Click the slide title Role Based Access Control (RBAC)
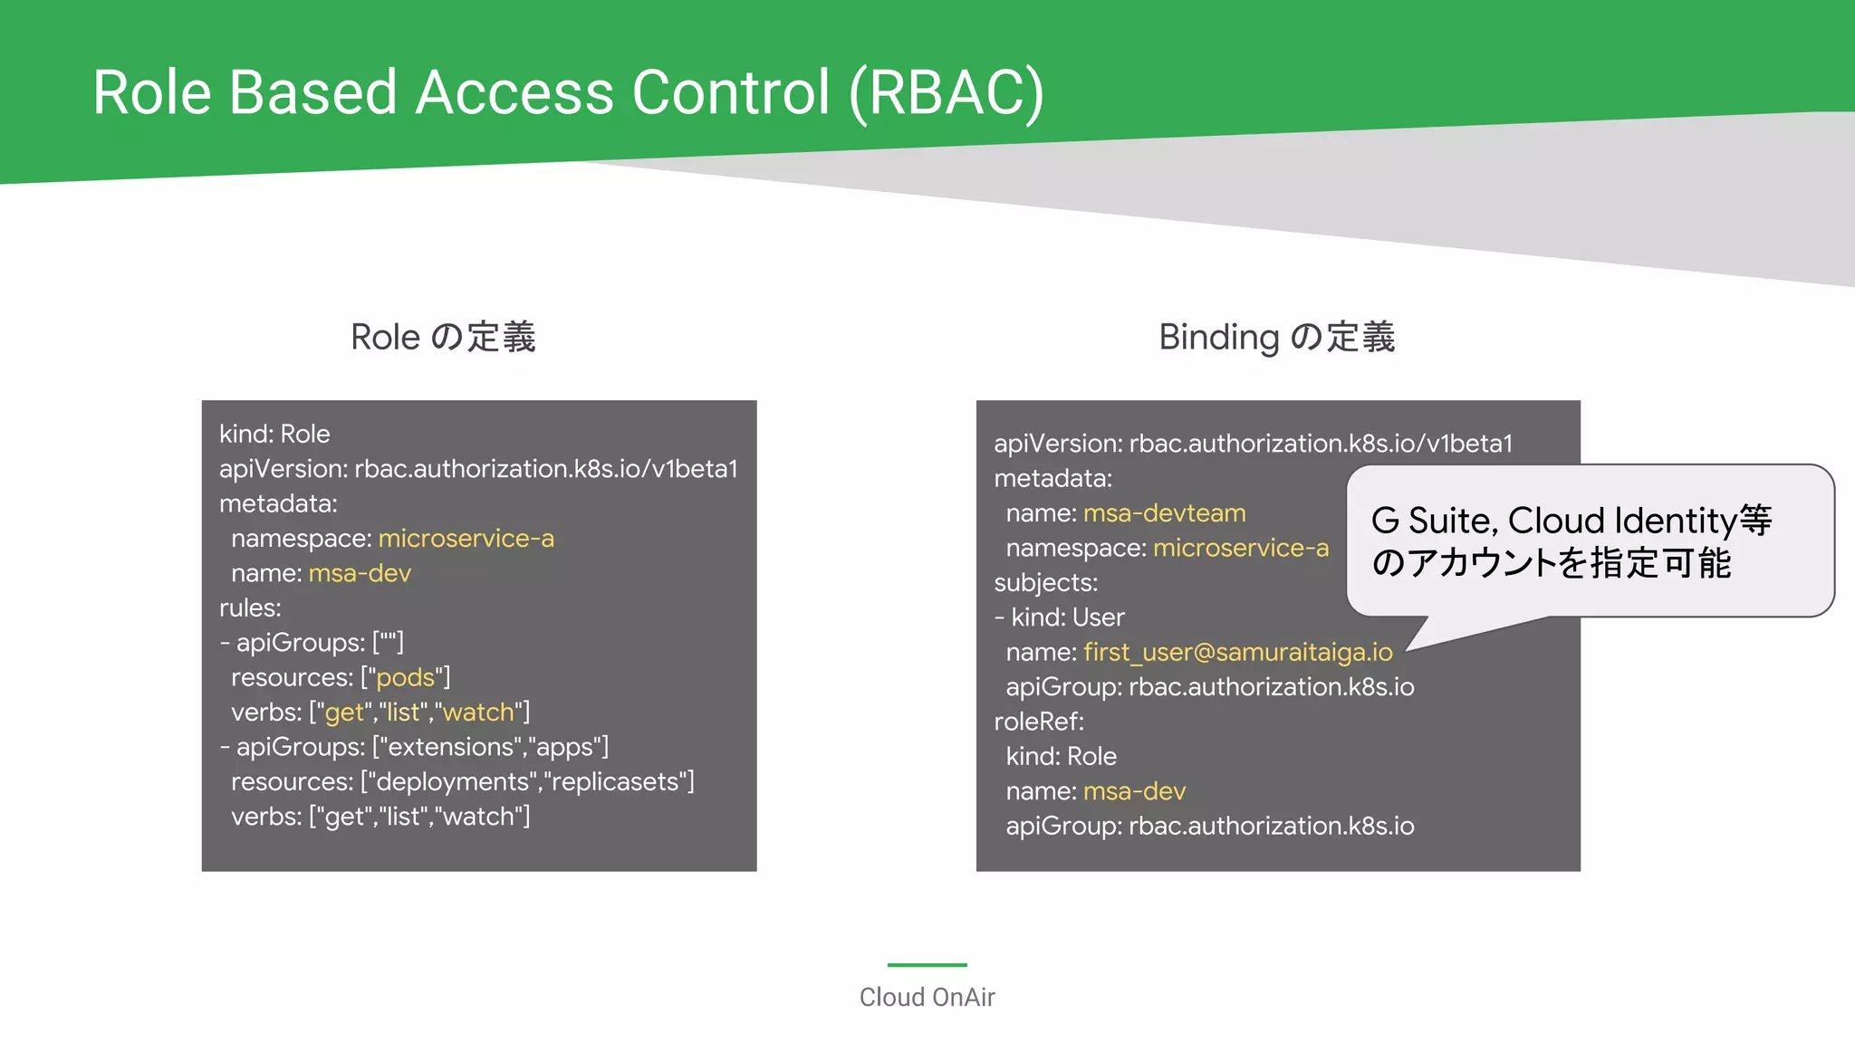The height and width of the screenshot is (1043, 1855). coord(568,92)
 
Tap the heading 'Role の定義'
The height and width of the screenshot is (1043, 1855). coord(443,337)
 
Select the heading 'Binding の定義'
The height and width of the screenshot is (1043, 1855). coord(1276,337)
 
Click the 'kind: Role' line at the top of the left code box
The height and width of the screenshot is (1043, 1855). coord(274,434)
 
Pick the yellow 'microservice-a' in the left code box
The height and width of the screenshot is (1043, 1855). coord(466,539)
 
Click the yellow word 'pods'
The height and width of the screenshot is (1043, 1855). coord(405,678)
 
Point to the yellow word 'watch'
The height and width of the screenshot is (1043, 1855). coord(478,713)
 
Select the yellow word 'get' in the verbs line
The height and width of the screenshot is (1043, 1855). coord(344,713)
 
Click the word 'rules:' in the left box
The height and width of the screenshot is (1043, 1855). coord(250,608)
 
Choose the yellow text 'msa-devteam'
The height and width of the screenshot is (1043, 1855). coord(1164,513)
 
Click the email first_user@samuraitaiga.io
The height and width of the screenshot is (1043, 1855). coord(1237,652)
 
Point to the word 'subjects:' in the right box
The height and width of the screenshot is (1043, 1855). coord(1045,583)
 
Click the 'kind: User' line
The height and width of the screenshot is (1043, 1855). coord(1059,617)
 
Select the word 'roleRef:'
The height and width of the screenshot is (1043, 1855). coord(1039,722)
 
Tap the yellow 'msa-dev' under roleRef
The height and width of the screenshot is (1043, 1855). coord(1134,791)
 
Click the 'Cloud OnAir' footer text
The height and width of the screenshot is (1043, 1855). coord(927,998)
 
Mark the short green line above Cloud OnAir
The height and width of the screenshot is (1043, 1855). coord(927,965)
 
